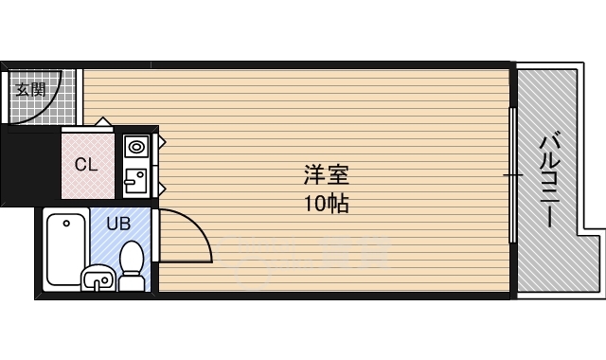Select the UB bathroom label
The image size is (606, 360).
pos(118,225)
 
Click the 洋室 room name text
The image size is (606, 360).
pos(327,175)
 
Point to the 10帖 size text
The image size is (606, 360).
pos(327,203)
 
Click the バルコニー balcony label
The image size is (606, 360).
pos(547,180)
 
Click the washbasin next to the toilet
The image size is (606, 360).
pos(98,279)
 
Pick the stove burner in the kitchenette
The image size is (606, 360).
pos(135,147)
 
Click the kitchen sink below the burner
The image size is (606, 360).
pos(134,179)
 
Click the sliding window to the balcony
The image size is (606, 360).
pos(512,175)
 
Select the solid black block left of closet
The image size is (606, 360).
pos(30,163)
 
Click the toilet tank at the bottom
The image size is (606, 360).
pos(133,282)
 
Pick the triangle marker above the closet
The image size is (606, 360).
pos(100,121)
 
